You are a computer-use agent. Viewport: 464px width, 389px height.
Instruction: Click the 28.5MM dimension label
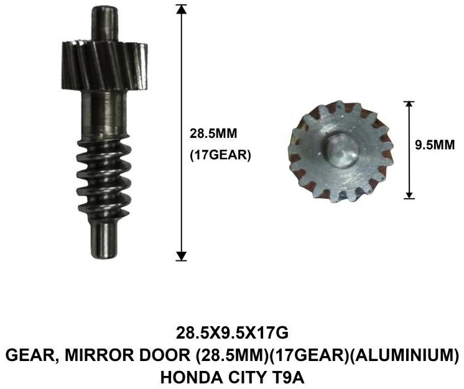[213, 134]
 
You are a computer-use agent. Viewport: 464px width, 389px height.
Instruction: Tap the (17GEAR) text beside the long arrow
[220, 155]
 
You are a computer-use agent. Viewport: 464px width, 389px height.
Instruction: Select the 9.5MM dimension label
[435, 145]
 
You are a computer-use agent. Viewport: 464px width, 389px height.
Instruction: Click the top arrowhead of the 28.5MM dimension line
[181, 9]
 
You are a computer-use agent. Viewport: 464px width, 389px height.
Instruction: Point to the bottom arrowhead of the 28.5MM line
[181, 256]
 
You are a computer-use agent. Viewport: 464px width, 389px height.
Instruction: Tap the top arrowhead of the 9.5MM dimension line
[409, 105]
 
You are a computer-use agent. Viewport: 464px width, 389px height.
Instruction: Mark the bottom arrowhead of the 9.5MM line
[409, 194]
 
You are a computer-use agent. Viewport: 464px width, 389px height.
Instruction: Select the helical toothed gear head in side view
[104, 66]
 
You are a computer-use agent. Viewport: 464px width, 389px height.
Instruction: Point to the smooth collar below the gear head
[104, 114]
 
